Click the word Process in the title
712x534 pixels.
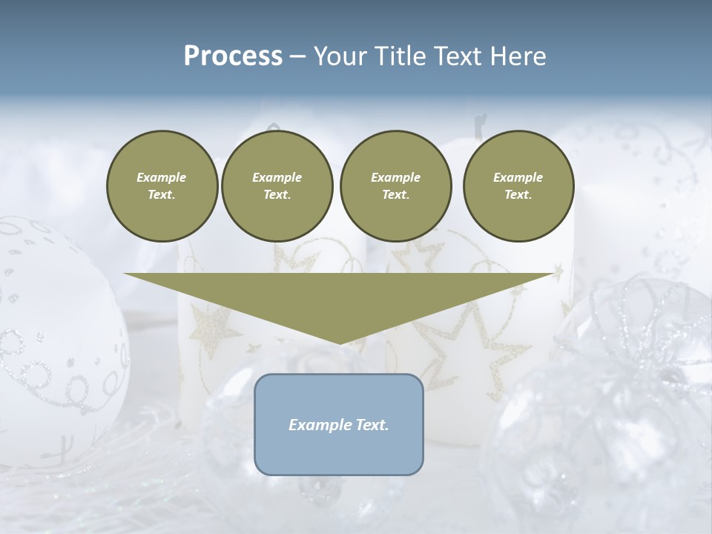pos(233,56)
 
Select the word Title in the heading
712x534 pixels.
pos(401,56)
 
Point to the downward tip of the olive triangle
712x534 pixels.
pos(340,342)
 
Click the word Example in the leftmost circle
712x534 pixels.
pos(162,177)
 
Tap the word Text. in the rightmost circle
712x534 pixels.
pos(518,194)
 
